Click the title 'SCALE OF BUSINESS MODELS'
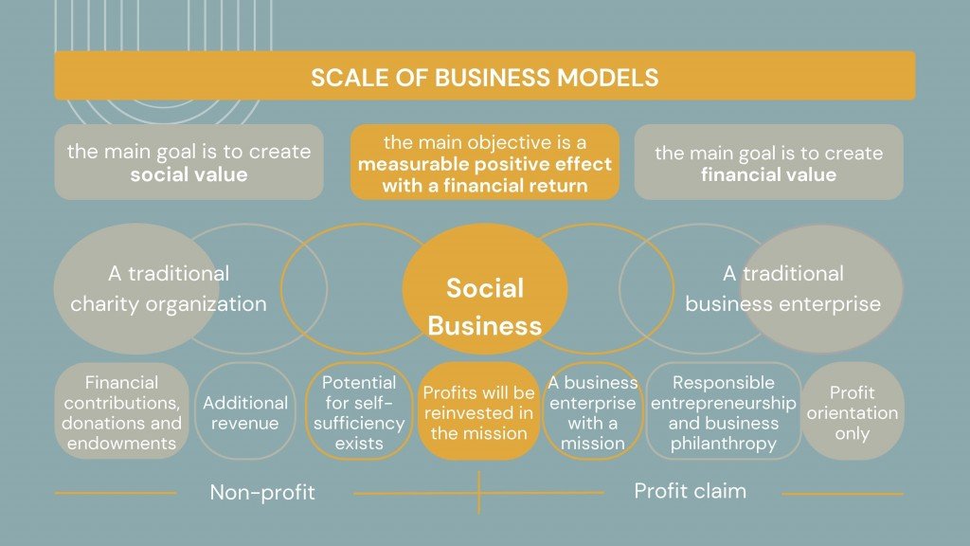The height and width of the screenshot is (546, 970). pyautogui.click(x=484, y=78)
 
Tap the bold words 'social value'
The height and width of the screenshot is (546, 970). pyautogui.click(x=189, y=174)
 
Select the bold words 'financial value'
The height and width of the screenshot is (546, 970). pyautogui.click(x=768, y=174)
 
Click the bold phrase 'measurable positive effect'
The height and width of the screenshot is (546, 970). pyautogui.click(x=484, y=164)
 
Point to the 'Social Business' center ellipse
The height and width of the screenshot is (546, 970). pyautogui.click(x=485, y=289)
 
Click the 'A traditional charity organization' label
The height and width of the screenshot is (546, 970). pyautogui.click(x=169, y=288)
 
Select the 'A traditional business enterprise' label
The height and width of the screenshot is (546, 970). pyautogui.click(x=783, y=288)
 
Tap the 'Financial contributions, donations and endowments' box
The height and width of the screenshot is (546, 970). pyautogui.click(x=122, y=411)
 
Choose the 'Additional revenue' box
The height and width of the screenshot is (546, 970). pyautogui.click(x=245, y=411)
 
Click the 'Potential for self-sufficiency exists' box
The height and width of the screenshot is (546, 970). pyautogui.click(x=359, y=411)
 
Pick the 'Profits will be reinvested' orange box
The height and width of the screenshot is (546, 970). pyautogui.click(x=478, y=411)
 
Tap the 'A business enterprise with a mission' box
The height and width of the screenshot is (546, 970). pyautogui.click(x=593, y=411)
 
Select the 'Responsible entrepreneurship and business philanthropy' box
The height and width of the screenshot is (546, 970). pyautogui.click(x=723, y=411)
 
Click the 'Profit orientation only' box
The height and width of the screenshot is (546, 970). pyautogui.click(x=853, y=411)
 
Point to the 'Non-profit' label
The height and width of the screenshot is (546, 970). pyautogui.click(x=262, y=492)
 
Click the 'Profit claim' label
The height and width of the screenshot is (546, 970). pyautogui.click(x=691, y=491)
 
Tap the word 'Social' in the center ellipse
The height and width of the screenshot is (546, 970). pyautogui.click(x=485, y=288)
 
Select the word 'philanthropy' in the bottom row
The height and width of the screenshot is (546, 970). pyautogui.click(x=723, y=444)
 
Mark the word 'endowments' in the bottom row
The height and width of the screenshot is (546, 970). pyautogui.click(x=122, y=444)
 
